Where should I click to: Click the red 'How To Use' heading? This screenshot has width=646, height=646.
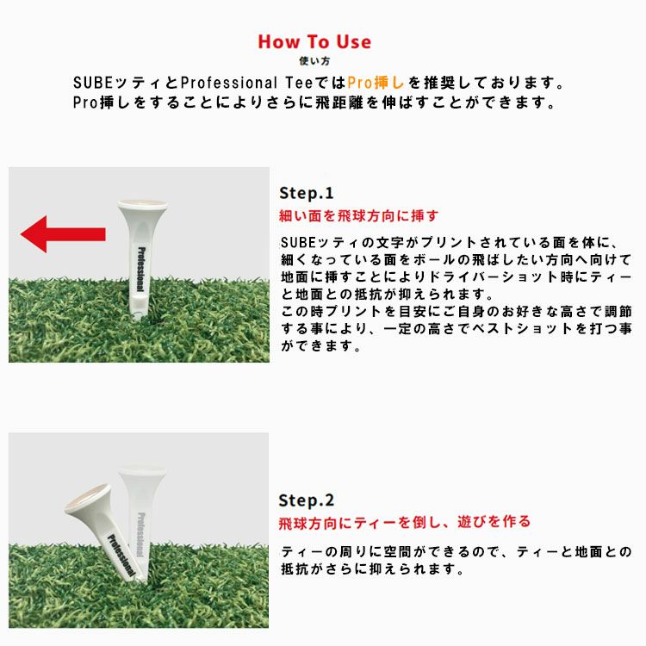tap(314, 41)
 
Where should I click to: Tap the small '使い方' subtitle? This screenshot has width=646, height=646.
tap(314, 61)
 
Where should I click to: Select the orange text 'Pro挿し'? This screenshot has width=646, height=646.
tap(376, 83)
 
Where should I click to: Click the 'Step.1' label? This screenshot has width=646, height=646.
tap(306, 193)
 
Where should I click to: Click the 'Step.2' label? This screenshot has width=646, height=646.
tap(306, 500)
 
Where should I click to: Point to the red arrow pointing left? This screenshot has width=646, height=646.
tap(63, 234)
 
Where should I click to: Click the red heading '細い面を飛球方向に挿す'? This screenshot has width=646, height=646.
tap(358, 216)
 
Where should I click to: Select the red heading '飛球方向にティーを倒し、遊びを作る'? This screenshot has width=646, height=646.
tap(405, 523)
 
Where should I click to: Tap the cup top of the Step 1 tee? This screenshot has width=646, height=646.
tap(142, 204)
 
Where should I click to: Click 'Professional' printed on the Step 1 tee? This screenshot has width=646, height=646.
tap(141, 270)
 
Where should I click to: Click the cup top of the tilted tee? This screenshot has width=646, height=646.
tap(88, 499)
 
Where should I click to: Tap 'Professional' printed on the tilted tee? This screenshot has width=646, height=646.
tap(121, 555)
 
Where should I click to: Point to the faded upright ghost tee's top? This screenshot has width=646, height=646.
tap(142, 470)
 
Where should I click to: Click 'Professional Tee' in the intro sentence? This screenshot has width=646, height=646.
tap(247, 83)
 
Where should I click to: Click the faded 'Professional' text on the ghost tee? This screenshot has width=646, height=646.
tap(141, 535)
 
